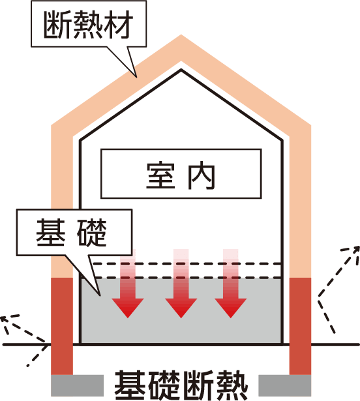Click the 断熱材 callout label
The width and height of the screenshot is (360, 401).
point(89,24)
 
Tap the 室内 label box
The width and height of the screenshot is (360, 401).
point(181,173)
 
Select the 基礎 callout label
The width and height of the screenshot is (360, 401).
point(74,232)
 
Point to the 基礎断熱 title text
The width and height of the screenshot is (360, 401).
point(181,385)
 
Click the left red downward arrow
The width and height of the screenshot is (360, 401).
point(128,284)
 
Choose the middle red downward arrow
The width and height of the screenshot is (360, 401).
point(181,284)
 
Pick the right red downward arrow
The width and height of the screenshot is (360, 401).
point(230,284)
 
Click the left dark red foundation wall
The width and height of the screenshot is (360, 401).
point(62,326)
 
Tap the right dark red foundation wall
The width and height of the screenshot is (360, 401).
point(300,326)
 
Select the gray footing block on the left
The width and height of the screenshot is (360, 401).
point(77,385)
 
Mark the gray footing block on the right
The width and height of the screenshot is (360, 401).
point(285,385)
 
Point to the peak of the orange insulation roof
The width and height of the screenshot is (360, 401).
point(181,35)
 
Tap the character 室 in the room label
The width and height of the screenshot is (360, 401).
point(160,175)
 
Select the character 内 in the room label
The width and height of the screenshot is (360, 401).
point(202,175)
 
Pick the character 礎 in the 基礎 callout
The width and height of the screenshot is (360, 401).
point(92,233)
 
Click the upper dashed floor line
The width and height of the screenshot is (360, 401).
point(187,263)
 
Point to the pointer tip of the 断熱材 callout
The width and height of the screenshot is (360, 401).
point(136,77)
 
